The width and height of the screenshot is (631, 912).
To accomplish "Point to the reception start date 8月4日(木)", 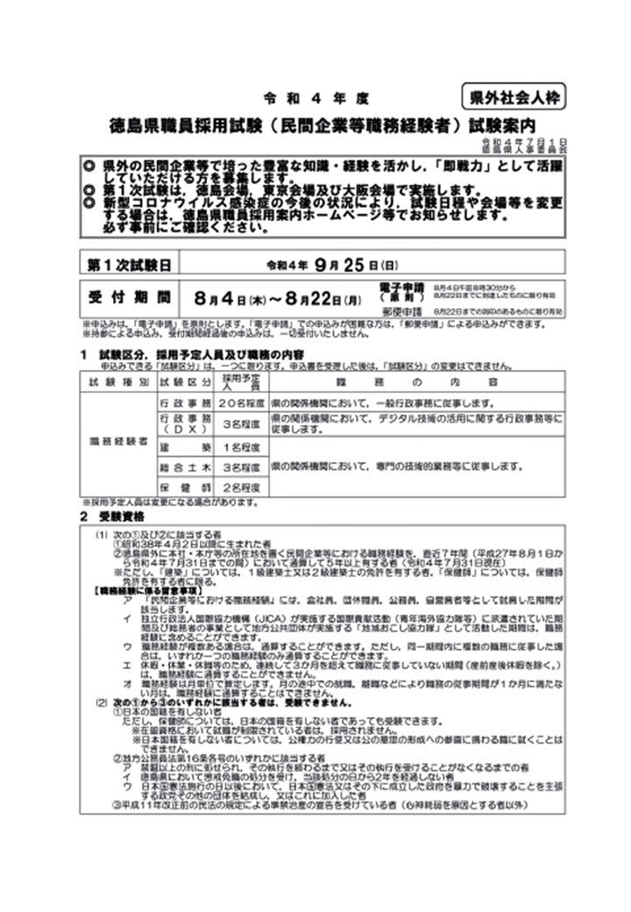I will (236, 296).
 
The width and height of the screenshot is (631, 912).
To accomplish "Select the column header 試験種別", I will (118, 383).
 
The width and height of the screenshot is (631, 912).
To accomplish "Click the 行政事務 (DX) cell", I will (185, 424).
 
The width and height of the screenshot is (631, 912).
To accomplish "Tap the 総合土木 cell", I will (185, 466).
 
